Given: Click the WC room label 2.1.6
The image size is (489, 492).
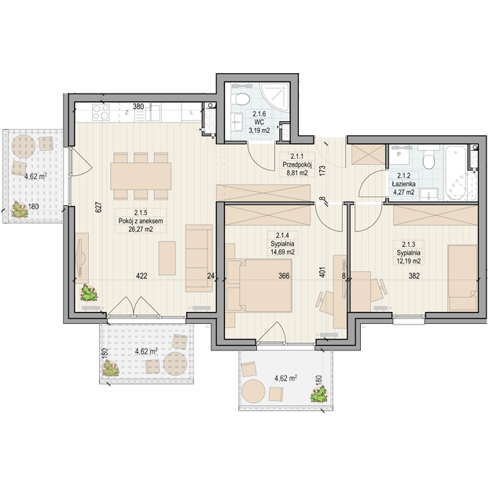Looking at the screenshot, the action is coord(259,114).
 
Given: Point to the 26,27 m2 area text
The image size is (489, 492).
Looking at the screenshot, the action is coord(141,229).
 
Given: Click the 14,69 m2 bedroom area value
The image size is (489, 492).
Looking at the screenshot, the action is coord(282,252).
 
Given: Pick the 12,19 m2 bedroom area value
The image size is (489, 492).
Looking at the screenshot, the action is coord(408,261).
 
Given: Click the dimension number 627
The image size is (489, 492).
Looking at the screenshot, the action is coord(98,207).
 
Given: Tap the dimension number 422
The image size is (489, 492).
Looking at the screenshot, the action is coord(142,276).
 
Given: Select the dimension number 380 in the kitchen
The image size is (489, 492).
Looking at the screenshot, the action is coord(138,107).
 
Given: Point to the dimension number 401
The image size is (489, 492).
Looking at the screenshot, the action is coord(322,272).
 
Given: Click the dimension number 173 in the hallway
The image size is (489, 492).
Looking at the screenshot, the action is coord(322,171).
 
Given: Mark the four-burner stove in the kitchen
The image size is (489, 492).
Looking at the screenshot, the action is coord(101,112).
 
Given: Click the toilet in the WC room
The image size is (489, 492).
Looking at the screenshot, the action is coord(241,98).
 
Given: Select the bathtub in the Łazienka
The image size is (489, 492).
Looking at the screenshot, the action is coord(460,173).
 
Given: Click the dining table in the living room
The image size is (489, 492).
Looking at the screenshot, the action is coord(141,176).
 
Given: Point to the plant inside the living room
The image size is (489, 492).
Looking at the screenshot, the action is coord(89,293).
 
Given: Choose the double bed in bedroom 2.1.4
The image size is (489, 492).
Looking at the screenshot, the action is coord(263,285).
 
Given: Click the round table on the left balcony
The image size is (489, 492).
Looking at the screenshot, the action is coord(24,146).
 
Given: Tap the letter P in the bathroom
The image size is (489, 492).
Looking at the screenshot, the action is coord(399,154).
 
